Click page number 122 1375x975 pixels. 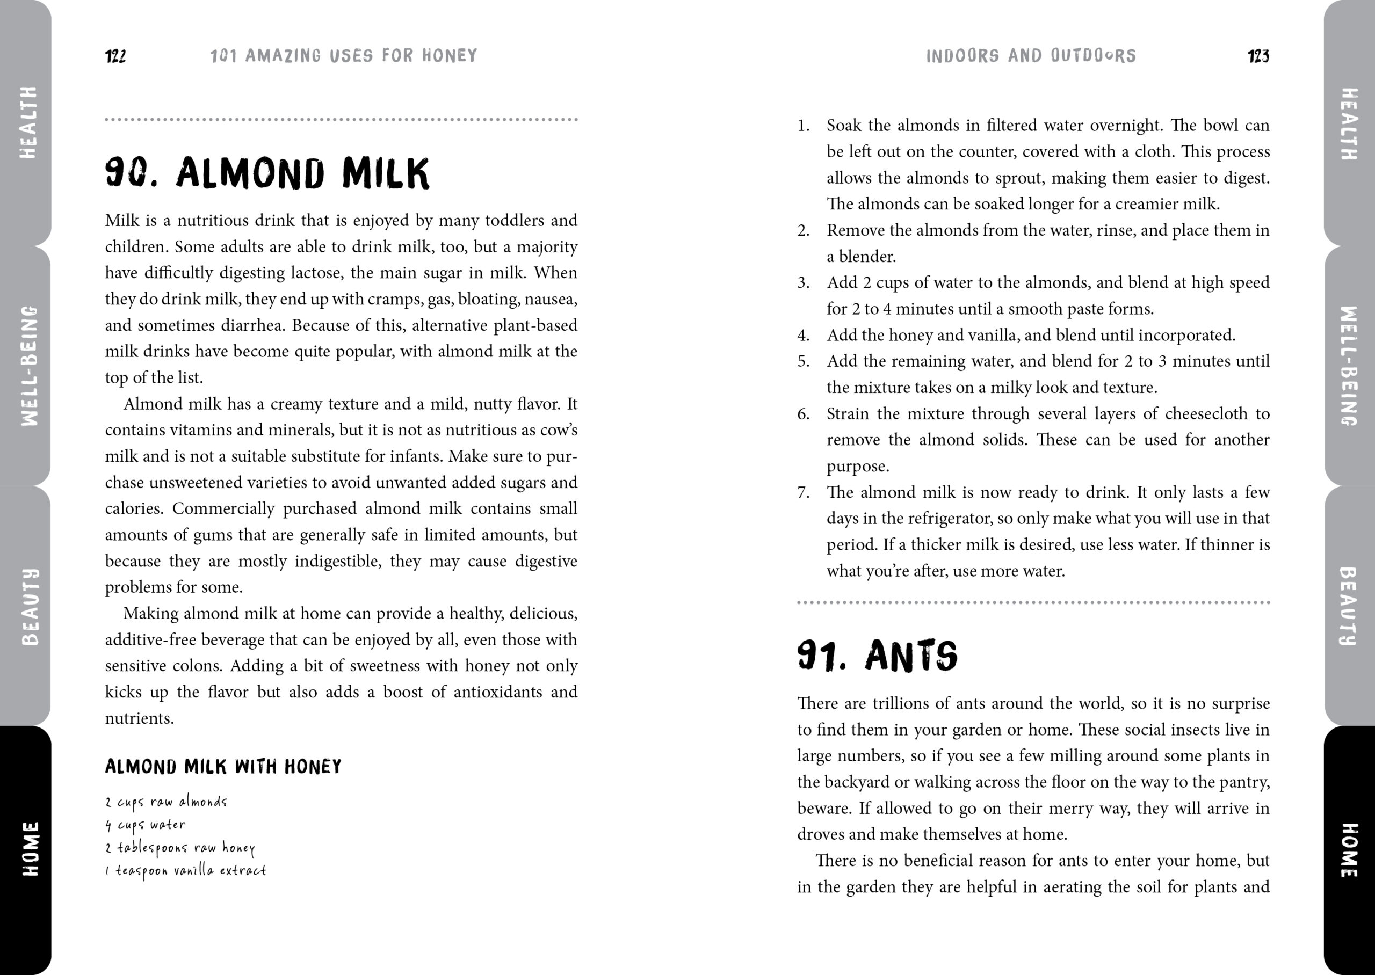click(x=115, y=56)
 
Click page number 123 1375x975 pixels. click(x=1258, y=56)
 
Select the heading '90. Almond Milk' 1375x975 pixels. click(x=267, y=173)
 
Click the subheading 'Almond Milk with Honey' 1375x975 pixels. click(x=223, y=767)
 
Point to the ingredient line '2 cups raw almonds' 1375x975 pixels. click(x=167, y=802)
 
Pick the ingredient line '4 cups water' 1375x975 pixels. click(x=146, y=825)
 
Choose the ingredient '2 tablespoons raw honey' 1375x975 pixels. click(x=180, y=848)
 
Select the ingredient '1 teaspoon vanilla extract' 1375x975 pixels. click(x=185, y=870)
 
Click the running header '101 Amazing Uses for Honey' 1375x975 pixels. click(x=343, y=56)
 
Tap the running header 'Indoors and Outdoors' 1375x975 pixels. click(x=1030, y=56)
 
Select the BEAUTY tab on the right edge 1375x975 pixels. click(x=1348, y=606)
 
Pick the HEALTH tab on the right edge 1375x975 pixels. click(x=1348, y=123)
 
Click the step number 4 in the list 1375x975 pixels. click(x=803, y=336)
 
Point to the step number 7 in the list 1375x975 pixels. click(x=803, y=493)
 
